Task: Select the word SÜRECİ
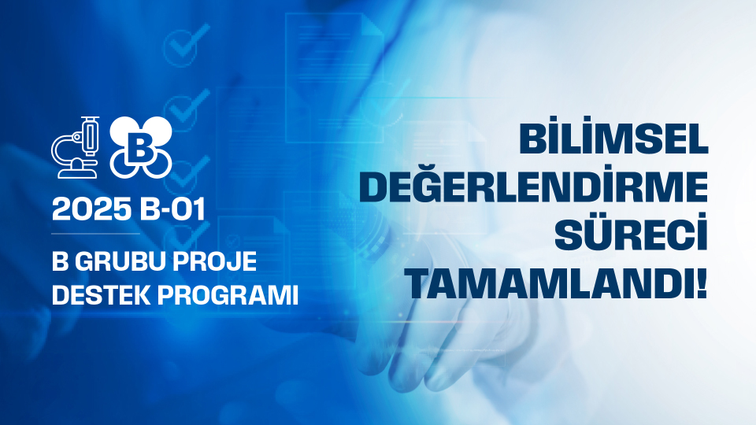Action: (x=631, y=231)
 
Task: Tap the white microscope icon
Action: (x=76, y=147)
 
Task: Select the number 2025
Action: (x=91, y=209)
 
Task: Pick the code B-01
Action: (x=172, y=209)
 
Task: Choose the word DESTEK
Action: (x=102, y=295)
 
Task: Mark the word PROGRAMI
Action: (x=228, y=295)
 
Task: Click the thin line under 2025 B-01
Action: (x=95, y=234)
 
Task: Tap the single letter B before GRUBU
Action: (x=60, y=261)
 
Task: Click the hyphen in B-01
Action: (x=163, y=211)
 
